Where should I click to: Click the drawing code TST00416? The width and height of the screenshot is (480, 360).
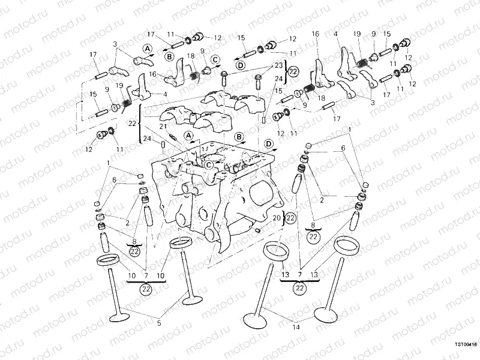pyautogui.click(x=465, y=345)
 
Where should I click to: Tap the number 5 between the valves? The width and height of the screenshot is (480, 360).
pyautogui.click(x=159, y=323)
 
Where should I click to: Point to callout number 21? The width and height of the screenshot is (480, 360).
pyautogui.click(x=163, y=127)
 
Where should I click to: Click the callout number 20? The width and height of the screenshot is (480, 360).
pyautogui.click(x=277, y=218)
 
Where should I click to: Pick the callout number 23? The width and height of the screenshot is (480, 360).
pyautogui.click(x=278, y=65)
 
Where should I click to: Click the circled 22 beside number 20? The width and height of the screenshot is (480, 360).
pyautogui.click(x=290, y=218)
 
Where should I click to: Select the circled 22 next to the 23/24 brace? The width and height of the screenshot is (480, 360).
pyautogui.click(x=293, y=71)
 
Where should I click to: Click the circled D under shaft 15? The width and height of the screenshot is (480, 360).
pyautogui.click(x=240, y=64)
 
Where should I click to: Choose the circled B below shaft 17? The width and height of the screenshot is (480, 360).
pyautogui.click(x=170, y=57)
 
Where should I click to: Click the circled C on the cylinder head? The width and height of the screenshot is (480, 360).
pyautogui.click(x=208, y=164)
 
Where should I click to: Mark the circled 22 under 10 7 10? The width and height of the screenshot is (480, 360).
pyautogui.click(x=146, y=289)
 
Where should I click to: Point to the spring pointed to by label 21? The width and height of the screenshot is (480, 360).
pyautogui.click(x=172, y=134)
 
